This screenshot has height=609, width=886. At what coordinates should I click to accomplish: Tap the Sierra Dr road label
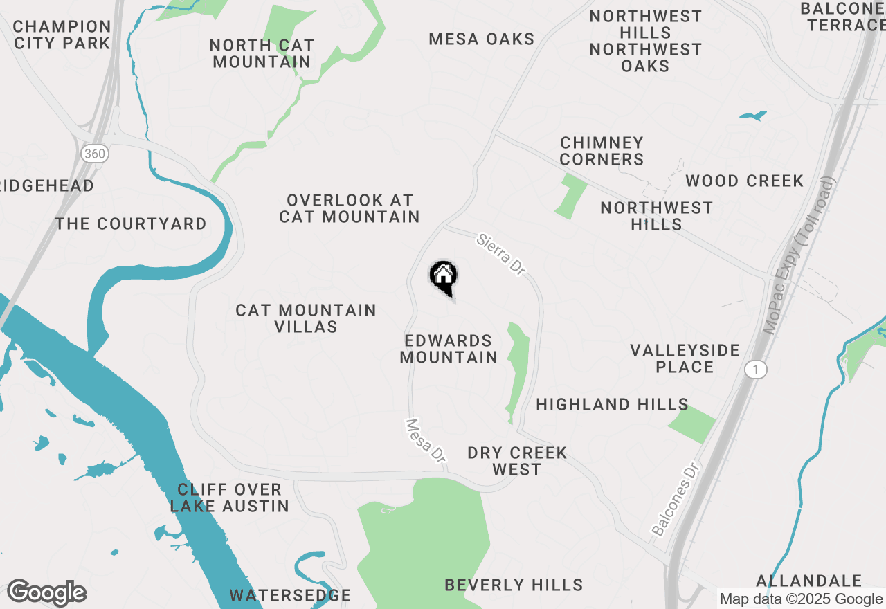click(501, 254)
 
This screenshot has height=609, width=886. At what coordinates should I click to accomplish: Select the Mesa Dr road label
click(425, 440)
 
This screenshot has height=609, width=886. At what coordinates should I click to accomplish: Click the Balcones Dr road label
click(675, 500)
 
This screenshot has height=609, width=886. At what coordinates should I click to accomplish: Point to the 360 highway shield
click(93, 154)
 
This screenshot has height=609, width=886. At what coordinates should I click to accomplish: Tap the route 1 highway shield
click(756, 370)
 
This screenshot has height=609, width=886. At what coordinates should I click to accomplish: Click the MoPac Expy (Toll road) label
click(799, 256)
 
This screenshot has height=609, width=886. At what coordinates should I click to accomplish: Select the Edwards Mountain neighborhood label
click(449, 349)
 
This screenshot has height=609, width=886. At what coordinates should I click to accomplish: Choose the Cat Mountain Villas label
click(306, 318)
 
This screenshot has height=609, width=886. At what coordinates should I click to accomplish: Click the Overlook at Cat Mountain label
click(350, 208)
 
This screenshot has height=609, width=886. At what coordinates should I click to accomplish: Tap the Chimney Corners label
click(602, 151)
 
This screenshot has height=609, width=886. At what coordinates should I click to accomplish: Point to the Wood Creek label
click(744, 181)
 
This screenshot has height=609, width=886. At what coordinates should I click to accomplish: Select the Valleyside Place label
click(685, 358)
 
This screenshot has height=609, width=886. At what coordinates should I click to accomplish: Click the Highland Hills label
click(612, 404)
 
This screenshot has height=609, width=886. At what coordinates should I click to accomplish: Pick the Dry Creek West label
click(517, 461)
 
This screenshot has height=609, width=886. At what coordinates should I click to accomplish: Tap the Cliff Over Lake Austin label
click(230, 498)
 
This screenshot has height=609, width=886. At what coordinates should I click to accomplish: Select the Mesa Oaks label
click(481, 39)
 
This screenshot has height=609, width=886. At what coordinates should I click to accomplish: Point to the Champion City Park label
click(62, 35)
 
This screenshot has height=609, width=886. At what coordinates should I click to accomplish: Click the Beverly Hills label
click(514, 585)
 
